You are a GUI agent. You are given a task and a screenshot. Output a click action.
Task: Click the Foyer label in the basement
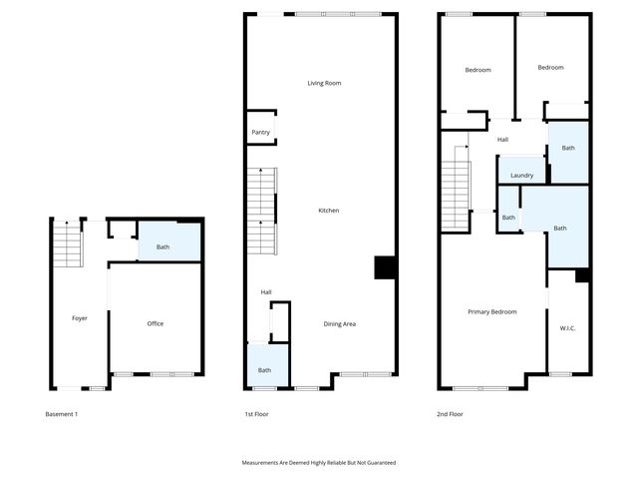80,318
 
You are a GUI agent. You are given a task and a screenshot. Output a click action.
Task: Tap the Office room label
156,323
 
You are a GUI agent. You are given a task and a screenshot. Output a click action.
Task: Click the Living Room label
324,83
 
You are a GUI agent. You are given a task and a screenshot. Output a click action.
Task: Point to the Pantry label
260,132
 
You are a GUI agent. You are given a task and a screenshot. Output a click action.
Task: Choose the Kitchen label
329,211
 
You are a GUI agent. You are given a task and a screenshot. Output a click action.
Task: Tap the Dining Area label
340,323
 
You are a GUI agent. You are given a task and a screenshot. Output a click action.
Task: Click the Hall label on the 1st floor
266,292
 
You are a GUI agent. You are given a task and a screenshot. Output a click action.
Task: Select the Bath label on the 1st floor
264,370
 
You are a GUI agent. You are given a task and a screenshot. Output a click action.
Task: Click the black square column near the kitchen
385,267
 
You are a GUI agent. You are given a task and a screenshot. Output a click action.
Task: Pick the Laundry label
521,176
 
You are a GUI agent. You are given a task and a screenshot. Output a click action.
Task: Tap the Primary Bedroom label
492,311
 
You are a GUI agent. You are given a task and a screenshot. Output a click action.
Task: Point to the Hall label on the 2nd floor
503,140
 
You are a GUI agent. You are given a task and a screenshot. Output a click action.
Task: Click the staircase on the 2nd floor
455,190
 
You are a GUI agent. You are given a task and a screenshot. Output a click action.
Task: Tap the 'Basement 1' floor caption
62,414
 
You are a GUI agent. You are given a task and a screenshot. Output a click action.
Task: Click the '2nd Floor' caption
450,414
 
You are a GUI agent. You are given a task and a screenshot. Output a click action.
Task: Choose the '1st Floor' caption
256,414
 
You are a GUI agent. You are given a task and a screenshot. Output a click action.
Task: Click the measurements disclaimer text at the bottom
319,463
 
